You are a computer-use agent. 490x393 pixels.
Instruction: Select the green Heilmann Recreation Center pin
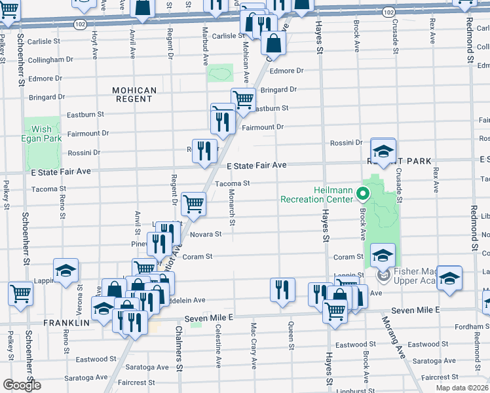tap(367, 194)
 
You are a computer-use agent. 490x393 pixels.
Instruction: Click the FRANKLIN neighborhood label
tap(66, 323)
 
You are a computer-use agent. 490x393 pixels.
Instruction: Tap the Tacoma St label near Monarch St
tap(233, 184)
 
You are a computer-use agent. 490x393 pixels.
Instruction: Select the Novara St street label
tap(206, 234)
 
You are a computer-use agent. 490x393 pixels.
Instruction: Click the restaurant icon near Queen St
tap(282, 289)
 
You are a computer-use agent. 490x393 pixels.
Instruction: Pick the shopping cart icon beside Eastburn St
tap(243, 100)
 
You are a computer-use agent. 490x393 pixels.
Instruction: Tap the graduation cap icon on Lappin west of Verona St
tap(66, 271)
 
